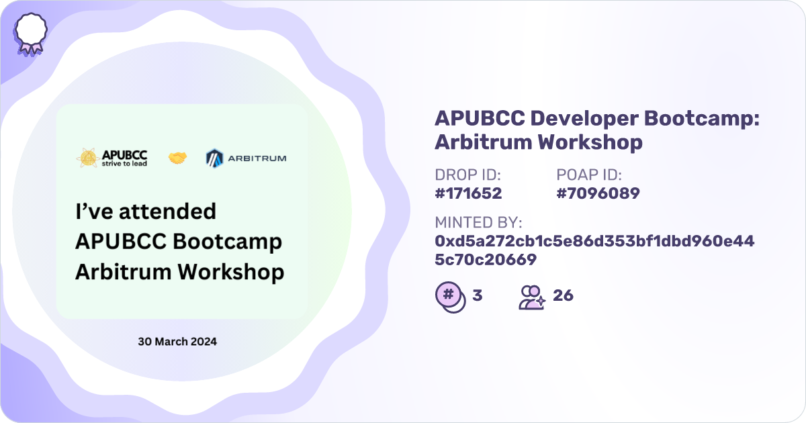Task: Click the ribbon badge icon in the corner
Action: [31, 34]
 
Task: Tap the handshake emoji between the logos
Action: [178, 158]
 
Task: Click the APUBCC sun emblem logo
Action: [88, 158]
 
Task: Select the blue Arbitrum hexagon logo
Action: [214, 158]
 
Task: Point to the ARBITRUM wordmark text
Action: [257, 158]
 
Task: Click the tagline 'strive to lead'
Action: [124, 164]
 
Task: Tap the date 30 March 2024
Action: [177, 341]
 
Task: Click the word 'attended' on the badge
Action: [168, 211]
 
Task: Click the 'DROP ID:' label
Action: [467, 175]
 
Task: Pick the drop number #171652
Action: [468, 193]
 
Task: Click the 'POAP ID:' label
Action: [589, 175]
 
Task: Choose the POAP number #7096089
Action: [598, 193]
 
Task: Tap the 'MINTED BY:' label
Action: [478, 223]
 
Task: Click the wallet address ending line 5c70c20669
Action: [486, 260]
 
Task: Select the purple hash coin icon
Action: [451, 297]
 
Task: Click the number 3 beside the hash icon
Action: [478, 295]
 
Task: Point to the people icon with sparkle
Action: [532, 297]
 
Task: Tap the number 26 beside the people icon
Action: [563, 295]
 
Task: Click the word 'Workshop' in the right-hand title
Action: [590, 142]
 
